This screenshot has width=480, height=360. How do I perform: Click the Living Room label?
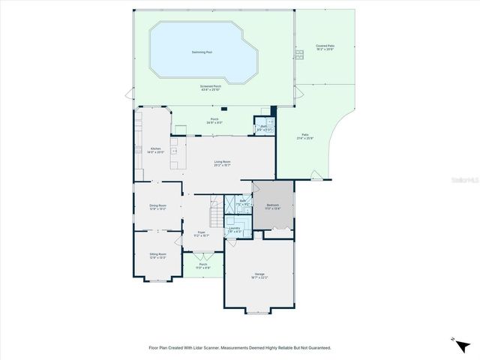[x=222, y=163]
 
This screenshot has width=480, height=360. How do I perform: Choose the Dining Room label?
[x=157, y=206]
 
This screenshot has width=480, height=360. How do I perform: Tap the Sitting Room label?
[x=157, y=255]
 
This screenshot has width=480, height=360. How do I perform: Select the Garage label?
[x=259, y=275]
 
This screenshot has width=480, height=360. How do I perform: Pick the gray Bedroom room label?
[x=274, y=205]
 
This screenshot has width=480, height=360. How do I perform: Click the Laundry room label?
[x=235, y=229]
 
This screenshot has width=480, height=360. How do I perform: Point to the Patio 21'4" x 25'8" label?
[x=304, y=137]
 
